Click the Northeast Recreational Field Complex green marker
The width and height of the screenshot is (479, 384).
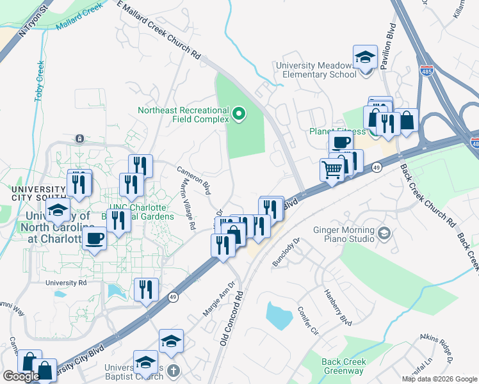pyautogui.click(x=239, y=115)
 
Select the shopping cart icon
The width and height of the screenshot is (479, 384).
pyautogui.click(x=332, y=170)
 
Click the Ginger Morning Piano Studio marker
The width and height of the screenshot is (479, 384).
pyautogui.click(x=384, y=231)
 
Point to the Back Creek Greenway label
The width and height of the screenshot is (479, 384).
pyautogui.click(x=344, y=366)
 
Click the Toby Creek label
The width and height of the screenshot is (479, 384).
pyautogui.click(x=39, y=81)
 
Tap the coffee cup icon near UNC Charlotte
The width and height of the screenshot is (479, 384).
pyautogui.click(x=95, y=238)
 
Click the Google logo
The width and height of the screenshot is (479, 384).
pyautogui.click(x=21, y=376)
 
